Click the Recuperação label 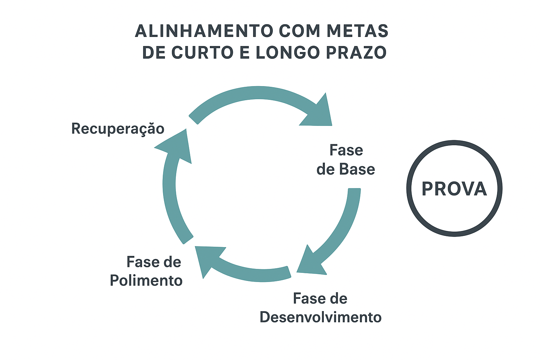(x=118, y=129)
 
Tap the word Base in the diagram (x=358, y=169)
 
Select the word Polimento (x=146, y=281)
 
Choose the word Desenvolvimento (x=321, y=317)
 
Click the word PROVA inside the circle (x=454, y=189)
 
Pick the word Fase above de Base (x=346, y=150)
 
